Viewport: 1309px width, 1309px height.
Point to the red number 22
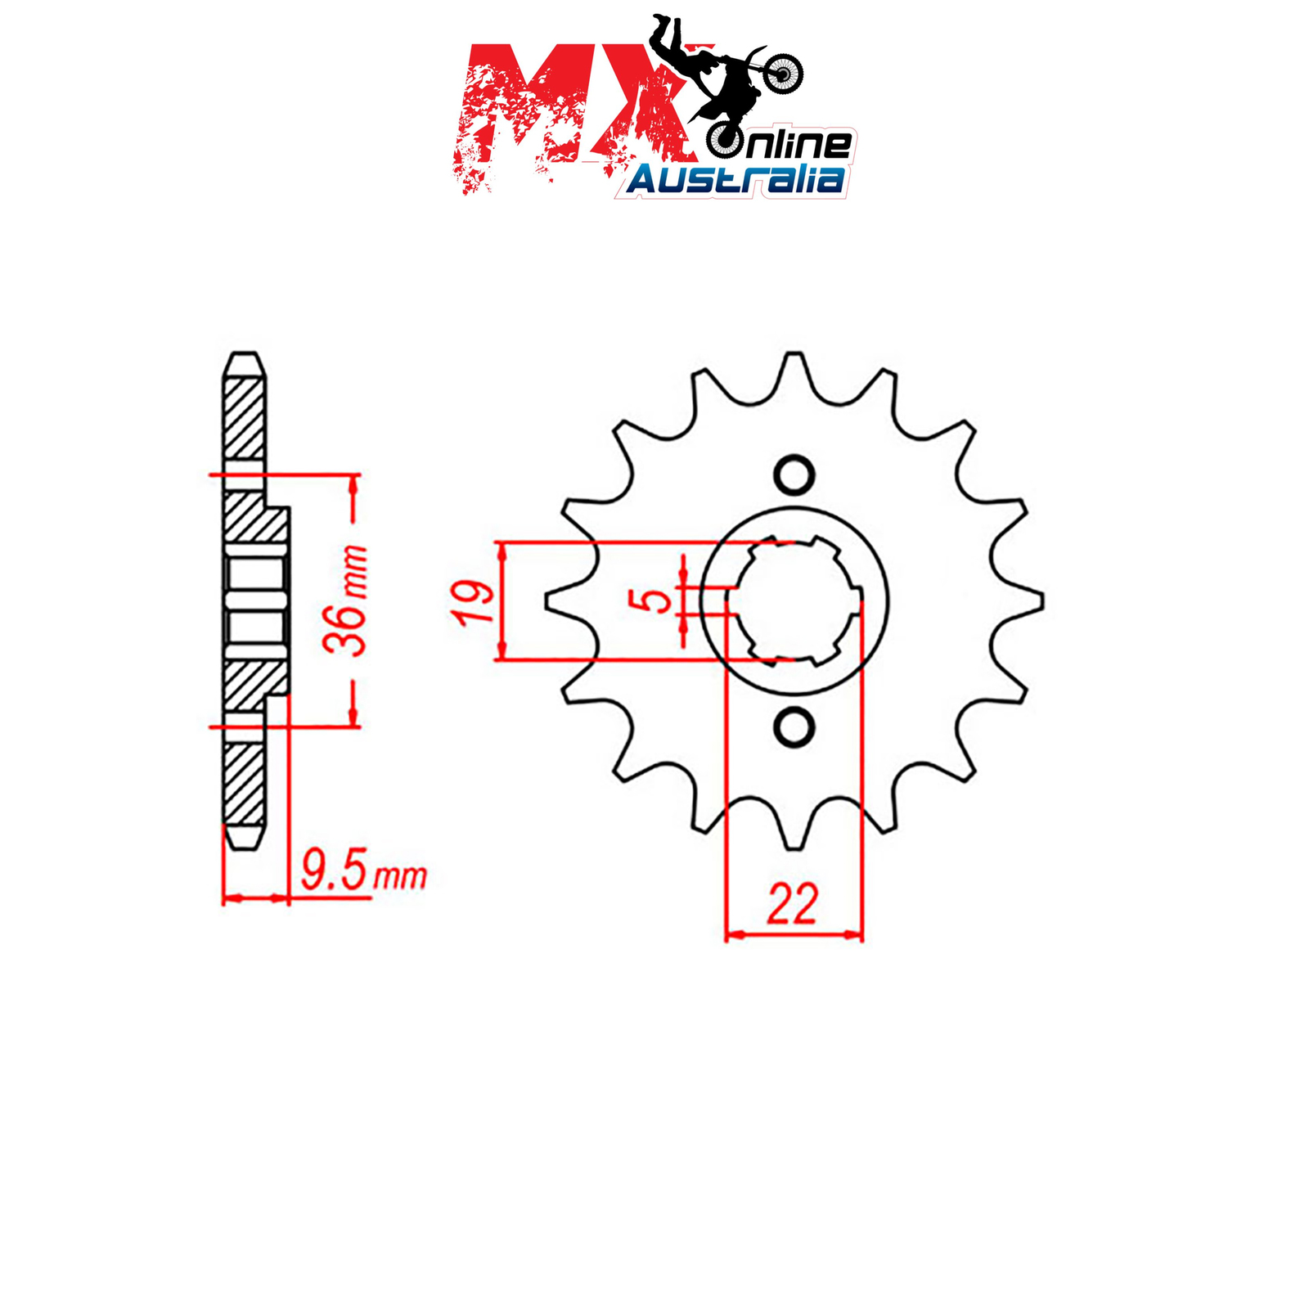(x=792, y=905)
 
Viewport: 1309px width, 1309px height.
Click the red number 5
(x=654, y=601)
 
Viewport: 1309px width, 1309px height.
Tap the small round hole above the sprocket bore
(x=794, y=475)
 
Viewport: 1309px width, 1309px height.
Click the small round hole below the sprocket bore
(x=794, y=727)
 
